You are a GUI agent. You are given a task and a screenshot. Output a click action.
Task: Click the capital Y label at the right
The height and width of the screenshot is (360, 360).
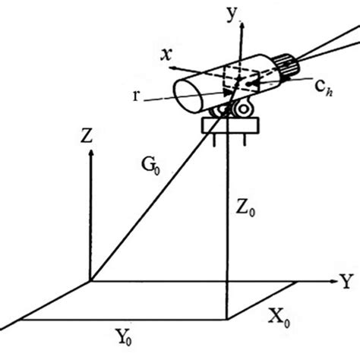click(x=346, y=281)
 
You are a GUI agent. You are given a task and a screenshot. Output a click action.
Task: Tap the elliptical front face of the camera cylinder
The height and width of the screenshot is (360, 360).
click(x=188, y=96)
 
